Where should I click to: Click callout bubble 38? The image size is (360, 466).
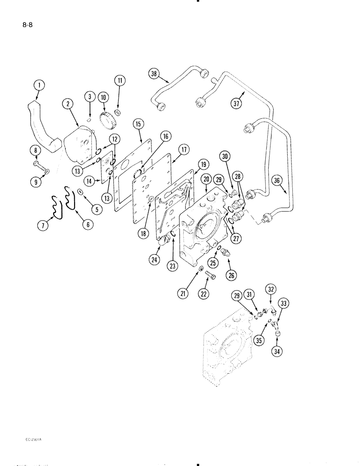pos(154,73)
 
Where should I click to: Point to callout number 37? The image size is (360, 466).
pos(237,103)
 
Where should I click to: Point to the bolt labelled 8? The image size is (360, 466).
pos(40,165)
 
